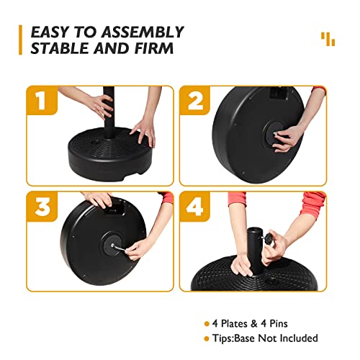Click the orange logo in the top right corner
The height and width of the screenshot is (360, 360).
pyautogui.click(x=328, y=38)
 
